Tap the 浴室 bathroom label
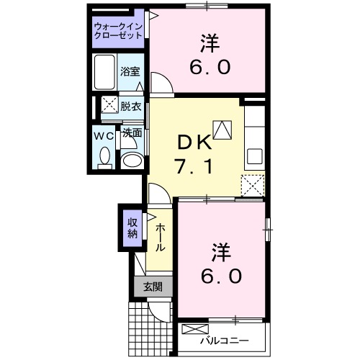pos(130,73)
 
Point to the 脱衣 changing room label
pos(130,105)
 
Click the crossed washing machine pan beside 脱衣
pos(109,105)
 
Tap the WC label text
pos(104,135)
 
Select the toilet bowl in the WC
pos(105,156)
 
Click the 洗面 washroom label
pos(131,133)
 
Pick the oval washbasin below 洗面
pos(130,160)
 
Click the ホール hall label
pos(161,235)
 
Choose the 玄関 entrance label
pos(152,287)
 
